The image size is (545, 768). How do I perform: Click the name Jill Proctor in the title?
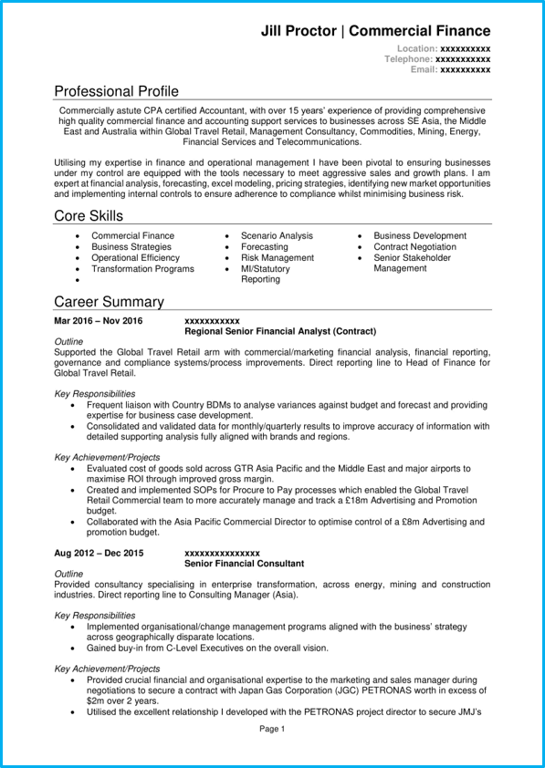pyautogui.click(x=299, y=30)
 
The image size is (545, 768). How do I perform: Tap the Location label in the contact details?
pyautogui.click(x=416, y=47)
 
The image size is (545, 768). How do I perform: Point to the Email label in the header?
pyautogui.click(x=424, y=69)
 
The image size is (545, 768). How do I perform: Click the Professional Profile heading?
pyautogui.click(x=116, y=91)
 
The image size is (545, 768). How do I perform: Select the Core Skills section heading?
pyautogui.click(x=89, y=216)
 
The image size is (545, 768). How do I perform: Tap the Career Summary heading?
pyautogui.click(x=109, y=302)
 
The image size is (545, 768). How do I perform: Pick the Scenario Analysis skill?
pyautogui.click(x=277, y=236)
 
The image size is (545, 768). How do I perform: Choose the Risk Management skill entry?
pyautogui.click(x=278, y=258)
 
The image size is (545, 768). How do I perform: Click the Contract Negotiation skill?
pyautogui.click(x=414, y=247)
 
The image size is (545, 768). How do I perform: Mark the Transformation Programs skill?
pyautogui.click(x=142, y=269)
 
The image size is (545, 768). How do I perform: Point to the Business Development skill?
pyautogui.click(x=420, y=236)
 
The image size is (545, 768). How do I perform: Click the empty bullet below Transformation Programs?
pyautogui.click(x=78, y=281)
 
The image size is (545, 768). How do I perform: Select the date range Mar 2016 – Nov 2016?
pyautogui.click(x=99, y=321)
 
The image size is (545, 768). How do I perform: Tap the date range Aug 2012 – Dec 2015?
pyautogui.click(x=99, y=554)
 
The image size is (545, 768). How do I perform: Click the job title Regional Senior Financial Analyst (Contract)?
pyautogui.click(x=279, y=331)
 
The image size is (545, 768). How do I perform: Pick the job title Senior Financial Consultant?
pyautogui.click(x=244, y=564)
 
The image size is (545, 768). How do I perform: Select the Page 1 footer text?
pyautogui.click(x=272, y=729)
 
